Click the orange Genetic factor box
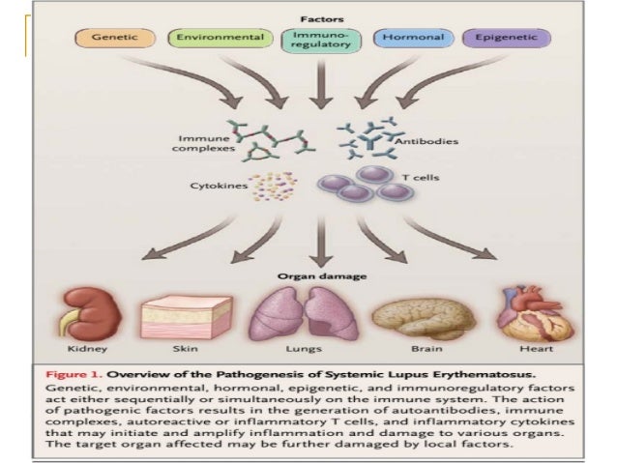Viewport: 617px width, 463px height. [112, 40]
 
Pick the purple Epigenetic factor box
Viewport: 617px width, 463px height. [506, 40]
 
